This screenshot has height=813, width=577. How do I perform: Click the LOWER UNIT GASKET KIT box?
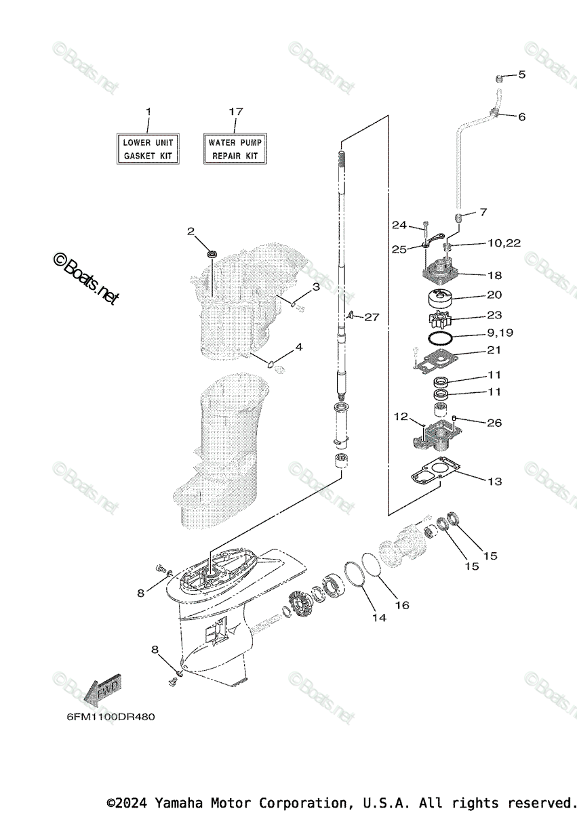148,149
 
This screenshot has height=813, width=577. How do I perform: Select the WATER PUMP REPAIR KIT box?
235,149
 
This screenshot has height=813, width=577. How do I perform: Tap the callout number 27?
372,316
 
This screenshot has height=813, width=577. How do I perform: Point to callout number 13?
495,481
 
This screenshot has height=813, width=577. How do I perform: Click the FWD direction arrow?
102,690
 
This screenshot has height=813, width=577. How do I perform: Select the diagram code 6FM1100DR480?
106,716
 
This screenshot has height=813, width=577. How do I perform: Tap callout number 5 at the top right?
522,75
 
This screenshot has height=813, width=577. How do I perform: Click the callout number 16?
403,604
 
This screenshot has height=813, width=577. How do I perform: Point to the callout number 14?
378,617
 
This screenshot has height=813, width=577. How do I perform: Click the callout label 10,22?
503,243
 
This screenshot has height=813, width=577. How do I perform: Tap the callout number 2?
191,232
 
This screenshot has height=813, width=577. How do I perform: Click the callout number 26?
495,423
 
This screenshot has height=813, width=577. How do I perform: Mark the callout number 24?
399,225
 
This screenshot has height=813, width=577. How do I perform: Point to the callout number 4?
298,347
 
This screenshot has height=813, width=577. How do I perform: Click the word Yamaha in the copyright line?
177,803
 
